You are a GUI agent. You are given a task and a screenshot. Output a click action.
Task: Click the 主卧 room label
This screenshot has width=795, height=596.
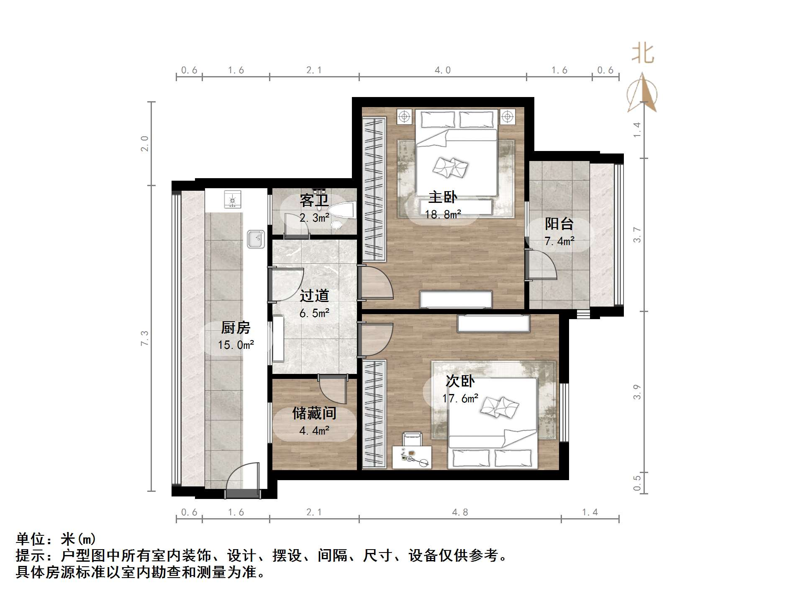(443, 197)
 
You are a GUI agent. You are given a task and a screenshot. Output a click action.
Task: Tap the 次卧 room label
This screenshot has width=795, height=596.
(460, 381)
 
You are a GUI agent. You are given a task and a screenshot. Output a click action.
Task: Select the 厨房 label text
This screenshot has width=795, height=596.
(236, 327)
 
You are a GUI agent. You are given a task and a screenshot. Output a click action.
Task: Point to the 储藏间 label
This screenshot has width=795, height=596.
(314, 413)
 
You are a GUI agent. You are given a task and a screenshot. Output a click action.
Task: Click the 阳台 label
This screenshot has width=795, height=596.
(559, 224)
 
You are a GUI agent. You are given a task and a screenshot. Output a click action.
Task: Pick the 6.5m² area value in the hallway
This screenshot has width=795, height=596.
(314, 313)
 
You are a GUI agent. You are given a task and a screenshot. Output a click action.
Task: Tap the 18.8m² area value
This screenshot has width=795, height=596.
(443, 215)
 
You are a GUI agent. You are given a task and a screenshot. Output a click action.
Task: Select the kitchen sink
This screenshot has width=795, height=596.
(255, 239)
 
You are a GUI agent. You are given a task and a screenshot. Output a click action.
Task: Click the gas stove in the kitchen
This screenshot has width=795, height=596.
(233, 200)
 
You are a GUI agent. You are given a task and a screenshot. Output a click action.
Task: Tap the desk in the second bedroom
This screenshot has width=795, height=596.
(412, 457)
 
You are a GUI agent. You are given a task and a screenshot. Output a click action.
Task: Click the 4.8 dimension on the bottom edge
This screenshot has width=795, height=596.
(460, 512)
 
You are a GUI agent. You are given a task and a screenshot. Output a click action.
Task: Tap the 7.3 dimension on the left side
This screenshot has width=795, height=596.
(144, 338)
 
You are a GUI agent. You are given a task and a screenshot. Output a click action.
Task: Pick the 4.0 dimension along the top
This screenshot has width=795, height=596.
(442, 70)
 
